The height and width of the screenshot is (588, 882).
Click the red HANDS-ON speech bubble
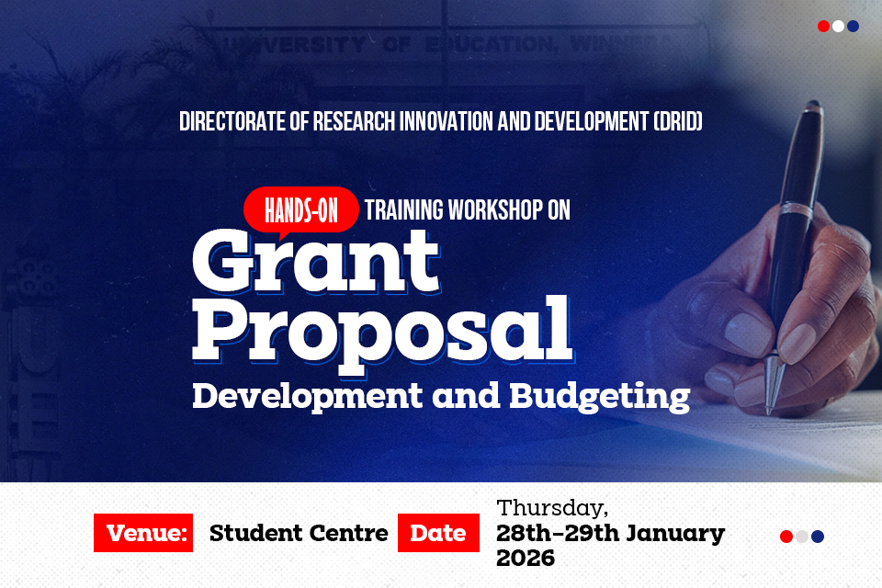[300, 209]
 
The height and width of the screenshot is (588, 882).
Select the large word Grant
[315, 260]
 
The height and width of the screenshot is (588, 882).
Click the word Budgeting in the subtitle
[598, 395]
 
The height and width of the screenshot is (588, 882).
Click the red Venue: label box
[143, 533]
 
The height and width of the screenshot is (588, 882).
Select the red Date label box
[438, 533]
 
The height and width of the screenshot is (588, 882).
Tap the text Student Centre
[299, 533]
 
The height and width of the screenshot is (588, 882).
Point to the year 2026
[526, 558]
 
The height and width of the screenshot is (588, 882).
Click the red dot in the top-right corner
[823, 27]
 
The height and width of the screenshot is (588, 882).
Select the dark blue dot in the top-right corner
[853, 27]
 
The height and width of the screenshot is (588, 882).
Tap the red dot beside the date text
[786, 537]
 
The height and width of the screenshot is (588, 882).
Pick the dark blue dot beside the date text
[818, 537]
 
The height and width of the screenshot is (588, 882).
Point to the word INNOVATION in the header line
[444, 122]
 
